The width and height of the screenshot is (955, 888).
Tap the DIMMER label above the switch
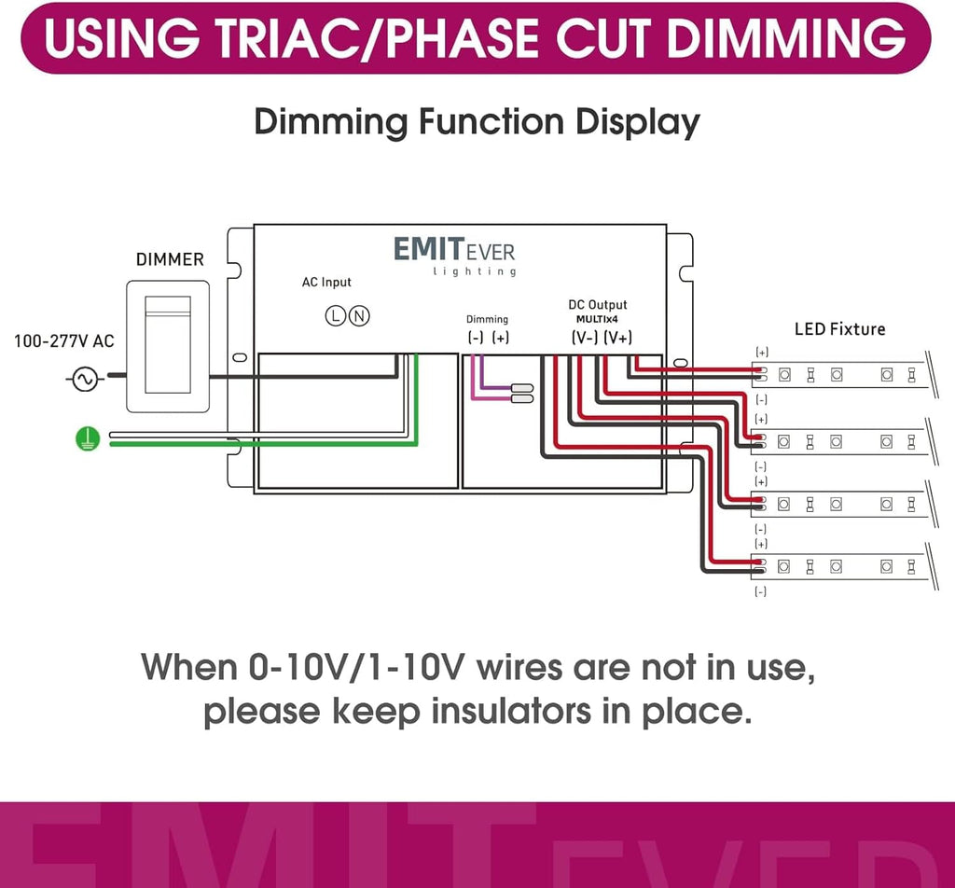(x=170, y=259)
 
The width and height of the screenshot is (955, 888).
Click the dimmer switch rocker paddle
(x=168, y=345)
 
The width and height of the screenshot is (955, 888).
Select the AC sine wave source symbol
(x=85, y=380)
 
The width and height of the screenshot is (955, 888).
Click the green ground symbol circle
(x=88, y=439)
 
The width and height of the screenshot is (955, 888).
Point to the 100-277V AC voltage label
(x=64, y=341)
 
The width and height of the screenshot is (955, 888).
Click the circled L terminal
(x=335, y=315)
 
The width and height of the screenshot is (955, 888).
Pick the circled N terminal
(x=359, y=315)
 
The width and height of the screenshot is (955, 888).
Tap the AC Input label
(x=326, y=282)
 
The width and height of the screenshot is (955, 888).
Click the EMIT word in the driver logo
(x=429, y=249)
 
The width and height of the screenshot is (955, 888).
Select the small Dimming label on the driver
(x=487, y=319)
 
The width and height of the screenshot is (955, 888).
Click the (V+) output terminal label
(x=618, y=338)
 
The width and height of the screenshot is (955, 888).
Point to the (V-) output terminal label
(x=585, y=338)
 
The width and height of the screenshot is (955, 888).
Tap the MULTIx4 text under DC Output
(x=598, y=319)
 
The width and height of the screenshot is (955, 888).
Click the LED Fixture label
(x=840, y=329)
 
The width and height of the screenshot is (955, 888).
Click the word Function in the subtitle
(x=491, y=121)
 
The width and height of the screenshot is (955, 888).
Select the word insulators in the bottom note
(x=511, y=711)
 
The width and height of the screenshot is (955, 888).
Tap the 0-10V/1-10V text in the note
(x=356, y=667)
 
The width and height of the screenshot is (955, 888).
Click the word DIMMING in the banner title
(x=787, y=37)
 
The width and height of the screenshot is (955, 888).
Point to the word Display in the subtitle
(x=638, y=122)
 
